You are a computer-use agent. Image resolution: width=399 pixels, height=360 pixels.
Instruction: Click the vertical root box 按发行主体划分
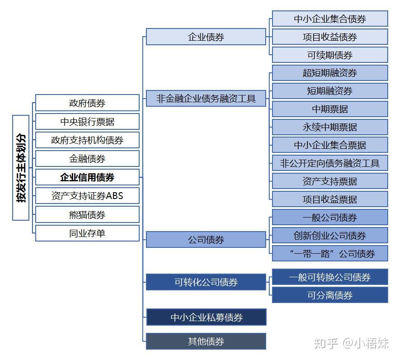click(x=21, y=168)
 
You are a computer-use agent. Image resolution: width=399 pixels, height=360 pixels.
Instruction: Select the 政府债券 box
click(x=87, y=103)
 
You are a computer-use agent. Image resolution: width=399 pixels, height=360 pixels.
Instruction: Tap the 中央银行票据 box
click(x=87, y=122)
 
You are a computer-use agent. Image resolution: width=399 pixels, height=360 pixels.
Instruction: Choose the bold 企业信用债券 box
click(x=87, y=177)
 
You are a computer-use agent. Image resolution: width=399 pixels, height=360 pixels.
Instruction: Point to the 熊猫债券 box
click(x=87, y=215)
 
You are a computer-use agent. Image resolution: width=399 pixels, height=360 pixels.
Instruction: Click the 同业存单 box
click(x=87, y=233)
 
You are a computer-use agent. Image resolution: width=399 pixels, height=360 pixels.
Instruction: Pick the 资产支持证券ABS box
click(x=87, y=196)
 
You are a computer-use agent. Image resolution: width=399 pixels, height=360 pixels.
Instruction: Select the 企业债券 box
click(x=206, y=37)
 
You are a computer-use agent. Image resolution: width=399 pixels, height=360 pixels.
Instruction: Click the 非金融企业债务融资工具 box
click(x=206, y=98)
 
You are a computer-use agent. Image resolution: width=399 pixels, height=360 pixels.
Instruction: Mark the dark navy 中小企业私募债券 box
click(x=206, y=317)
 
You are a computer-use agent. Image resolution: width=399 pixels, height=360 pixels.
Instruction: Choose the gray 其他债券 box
click(x=206, y=341)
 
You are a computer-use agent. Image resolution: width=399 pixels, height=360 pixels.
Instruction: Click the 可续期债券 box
click(x=330, y=55)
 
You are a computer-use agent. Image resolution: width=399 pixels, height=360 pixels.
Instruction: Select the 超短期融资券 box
click(x=330, y=73)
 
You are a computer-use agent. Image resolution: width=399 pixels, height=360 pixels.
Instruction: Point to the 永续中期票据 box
click(x=330, y=127)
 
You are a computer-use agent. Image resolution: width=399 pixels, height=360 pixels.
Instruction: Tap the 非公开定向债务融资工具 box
click(x=330, y=163)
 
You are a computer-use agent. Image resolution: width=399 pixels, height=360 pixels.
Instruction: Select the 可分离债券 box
click(x=330, y=295)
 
